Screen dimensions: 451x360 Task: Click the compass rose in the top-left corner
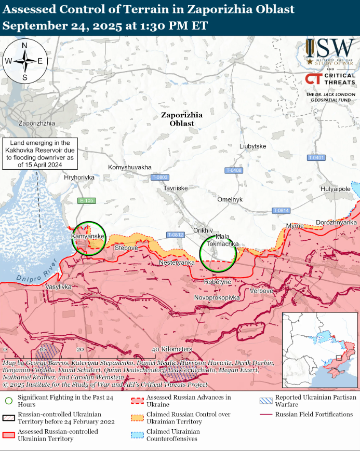pos(24,61)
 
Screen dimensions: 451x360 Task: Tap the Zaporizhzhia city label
pos(36,124)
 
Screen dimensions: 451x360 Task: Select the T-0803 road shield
pos(159,177)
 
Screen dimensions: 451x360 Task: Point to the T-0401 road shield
pos(316,157)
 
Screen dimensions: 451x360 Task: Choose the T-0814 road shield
pos(281,210)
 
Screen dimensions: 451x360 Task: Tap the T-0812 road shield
pos(176,235)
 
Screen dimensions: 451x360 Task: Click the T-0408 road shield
pos(234,170)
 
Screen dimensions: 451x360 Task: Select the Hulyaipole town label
pos(335,189)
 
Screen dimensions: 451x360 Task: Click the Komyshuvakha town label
pos(130,167)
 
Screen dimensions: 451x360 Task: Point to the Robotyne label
pos(218,281)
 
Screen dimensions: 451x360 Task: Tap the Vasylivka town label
pos(59,286)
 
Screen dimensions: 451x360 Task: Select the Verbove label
pos(261,291)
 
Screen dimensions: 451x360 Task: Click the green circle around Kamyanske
pos(89,238)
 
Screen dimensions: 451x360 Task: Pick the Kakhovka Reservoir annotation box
pos(39,154)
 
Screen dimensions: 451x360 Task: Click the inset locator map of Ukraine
pos(319,350)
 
